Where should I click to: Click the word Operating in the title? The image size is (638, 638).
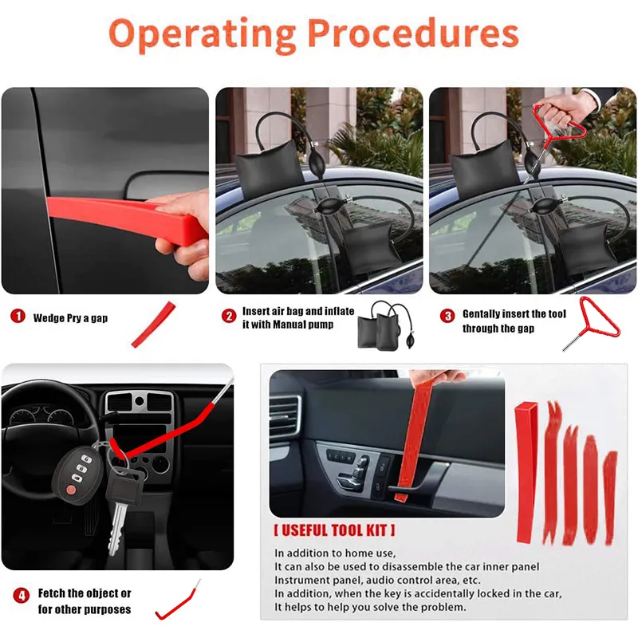point(201,34)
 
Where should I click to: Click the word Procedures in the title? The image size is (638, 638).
point(413,34)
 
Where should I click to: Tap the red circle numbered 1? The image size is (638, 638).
point(17,317)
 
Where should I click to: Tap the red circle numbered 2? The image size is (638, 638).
point(229,317)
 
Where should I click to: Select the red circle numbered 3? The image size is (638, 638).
point(447,316)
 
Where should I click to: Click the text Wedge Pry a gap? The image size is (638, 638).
point(70,318)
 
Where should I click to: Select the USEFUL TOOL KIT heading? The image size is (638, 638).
point(334,530)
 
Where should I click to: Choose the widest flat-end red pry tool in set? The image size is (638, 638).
point(526,471)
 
